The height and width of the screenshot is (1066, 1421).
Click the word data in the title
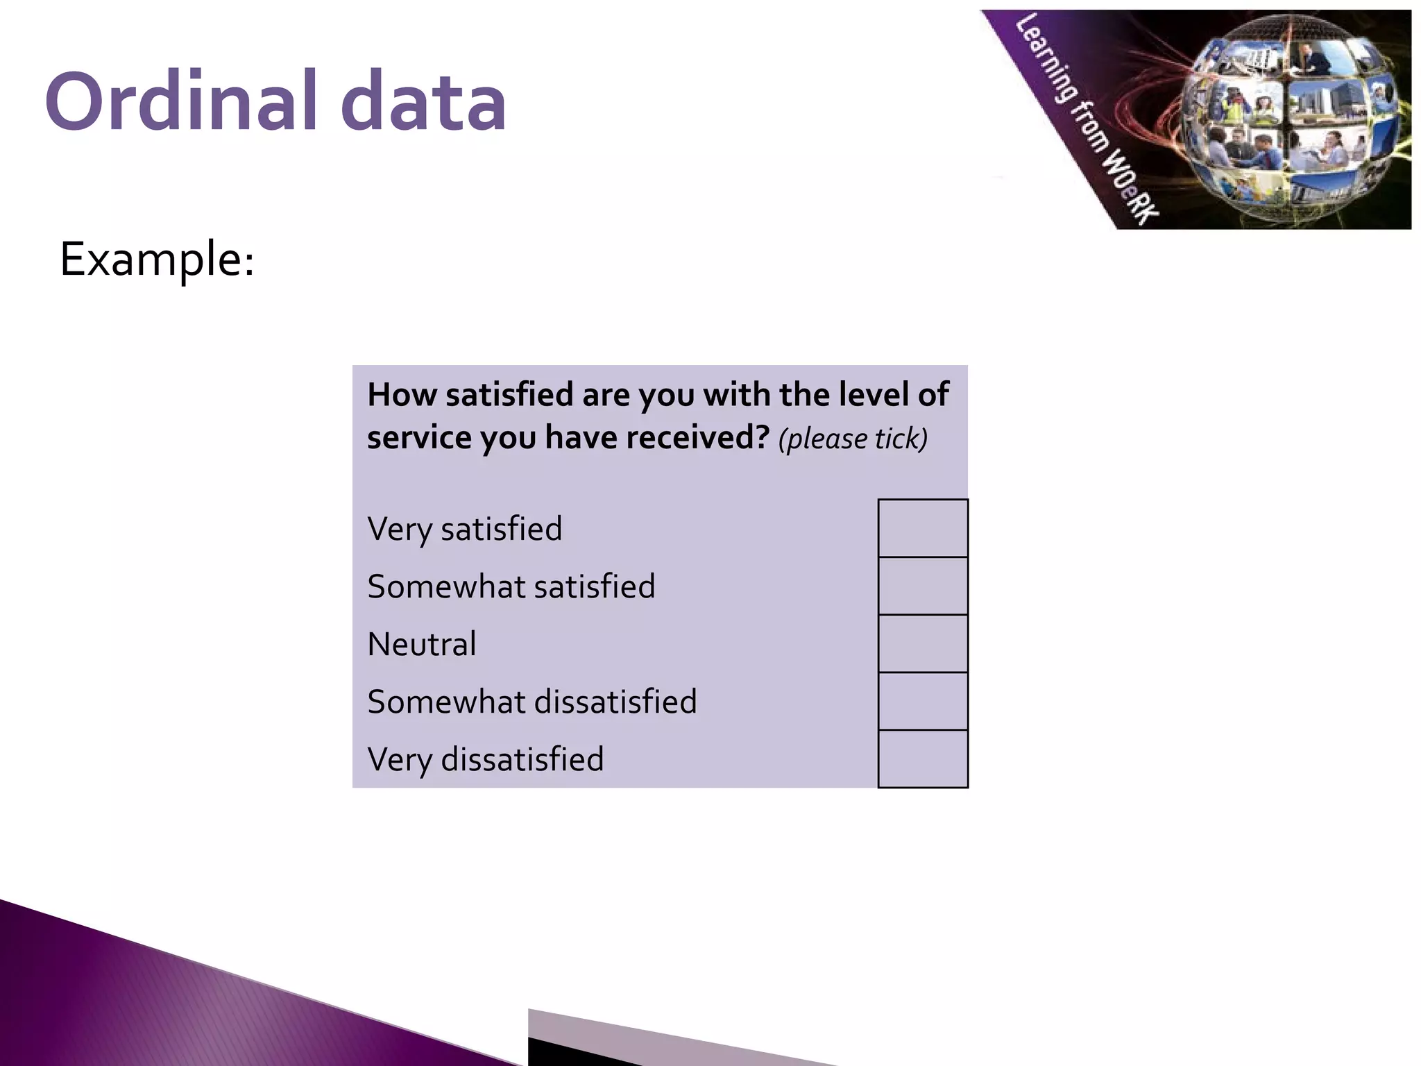[x=424, y=102]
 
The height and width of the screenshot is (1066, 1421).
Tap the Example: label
[x=158, y=260]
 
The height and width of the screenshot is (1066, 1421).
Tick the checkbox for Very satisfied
[x=922, y=528]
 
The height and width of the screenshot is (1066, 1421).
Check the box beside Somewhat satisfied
[x=922, y=586]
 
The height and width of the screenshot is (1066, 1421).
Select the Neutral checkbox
[x=922, y=643]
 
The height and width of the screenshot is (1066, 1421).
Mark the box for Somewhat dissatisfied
[x=922, y=701]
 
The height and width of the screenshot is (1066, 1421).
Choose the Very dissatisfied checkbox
[x=922, y=759]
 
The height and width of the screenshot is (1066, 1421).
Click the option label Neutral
[x=422, y=644]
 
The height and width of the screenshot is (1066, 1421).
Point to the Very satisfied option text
[x=464, y=530]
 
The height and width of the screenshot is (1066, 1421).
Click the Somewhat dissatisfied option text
[x=531, y=702]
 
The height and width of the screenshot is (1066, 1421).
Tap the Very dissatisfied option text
[x=485, y=760]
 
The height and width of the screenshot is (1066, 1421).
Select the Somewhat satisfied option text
[x=511, y=586]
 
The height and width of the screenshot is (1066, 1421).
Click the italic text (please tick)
[x=853, y=439]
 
